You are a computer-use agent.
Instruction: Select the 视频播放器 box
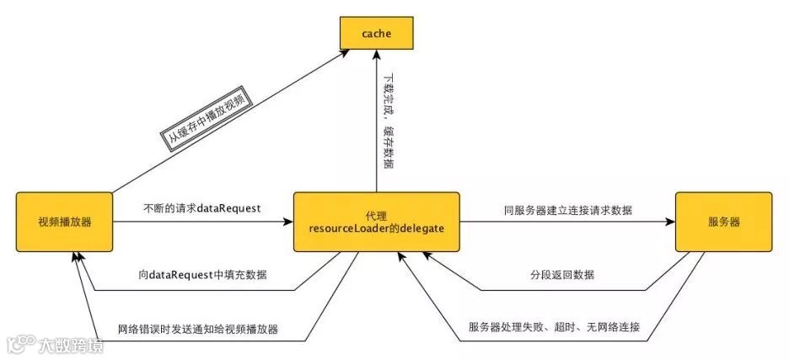point(65,223)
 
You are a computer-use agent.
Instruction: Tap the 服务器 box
point(724,223)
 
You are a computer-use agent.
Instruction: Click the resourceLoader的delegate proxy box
point(376,223)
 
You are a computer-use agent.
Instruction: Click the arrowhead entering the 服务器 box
point(671,223)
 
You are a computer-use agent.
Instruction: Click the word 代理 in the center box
point(376,216)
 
